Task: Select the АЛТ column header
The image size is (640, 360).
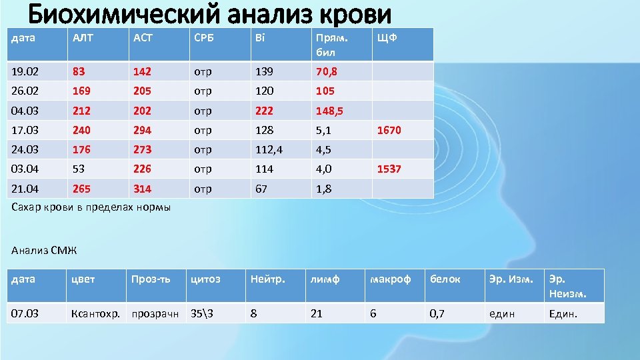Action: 83,38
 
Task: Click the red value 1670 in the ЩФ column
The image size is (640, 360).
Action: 389,131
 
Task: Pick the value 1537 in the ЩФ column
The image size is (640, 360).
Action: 389,169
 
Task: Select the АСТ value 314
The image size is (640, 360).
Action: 142,189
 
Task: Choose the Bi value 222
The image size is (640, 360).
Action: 263,111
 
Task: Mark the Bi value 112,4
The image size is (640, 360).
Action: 268,150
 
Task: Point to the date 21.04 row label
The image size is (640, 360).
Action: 25,189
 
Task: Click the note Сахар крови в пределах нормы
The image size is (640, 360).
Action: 91,207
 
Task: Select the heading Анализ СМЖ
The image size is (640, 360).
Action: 45,251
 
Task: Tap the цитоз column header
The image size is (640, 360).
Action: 205,279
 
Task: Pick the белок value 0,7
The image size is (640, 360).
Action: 437,313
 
